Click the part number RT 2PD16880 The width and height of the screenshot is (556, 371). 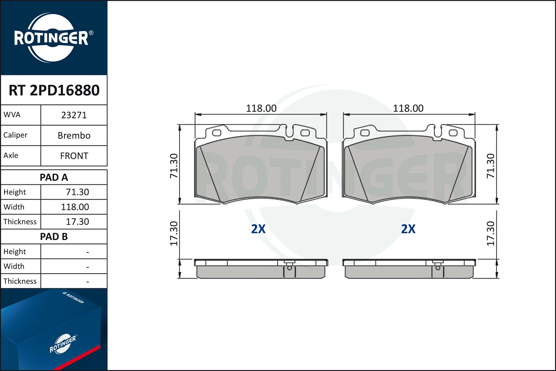tap(54, 90)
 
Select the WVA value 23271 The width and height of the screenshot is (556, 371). tap(74, 115)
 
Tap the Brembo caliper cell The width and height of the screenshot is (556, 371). tap(74, 136)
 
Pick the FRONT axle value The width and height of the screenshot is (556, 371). tap(74, 156)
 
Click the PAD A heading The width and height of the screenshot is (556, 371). tap(54, 177)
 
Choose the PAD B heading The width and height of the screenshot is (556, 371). tap(54, 237)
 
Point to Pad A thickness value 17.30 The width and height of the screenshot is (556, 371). tap(77, 221)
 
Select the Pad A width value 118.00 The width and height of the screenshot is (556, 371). tap(75, 207)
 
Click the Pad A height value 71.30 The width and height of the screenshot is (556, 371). tap(77, 192)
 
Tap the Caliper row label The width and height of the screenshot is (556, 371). tap(16, 135)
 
